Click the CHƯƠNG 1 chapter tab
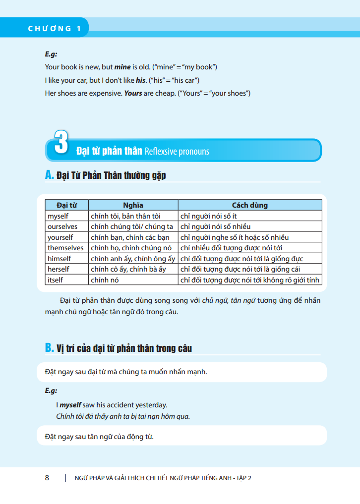54,28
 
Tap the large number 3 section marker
60,142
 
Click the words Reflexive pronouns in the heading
177,151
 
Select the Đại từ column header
66,205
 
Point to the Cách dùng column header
249,205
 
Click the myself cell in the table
58,216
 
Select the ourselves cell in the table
62,226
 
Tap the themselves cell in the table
65,248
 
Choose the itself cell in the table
56,280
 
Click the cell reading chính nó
103,280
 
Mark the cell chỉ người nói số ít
209,216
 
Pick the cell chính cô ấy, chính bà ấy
128,269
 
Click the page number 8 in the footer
47,478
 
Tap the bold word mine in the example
122,67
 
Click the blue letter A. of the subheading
49,175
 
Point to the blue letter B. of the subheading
49,348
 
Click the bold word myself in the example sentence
70,405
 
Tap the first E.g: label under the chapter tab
51,55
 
